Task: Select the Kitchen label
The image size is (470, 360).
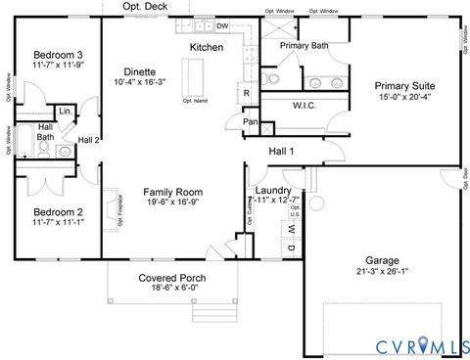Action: point(206,47)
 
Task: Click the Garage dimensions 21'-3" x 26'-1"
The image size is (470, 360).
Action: point(382,273)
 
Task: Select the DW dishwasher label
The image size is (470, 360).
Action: point(222,26)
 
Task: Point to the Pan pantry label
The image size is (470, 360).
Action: point(252,122)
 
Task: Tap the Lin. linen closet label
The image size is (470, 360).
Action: point(64,112)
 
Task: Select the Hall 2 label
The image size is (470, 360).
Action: point(89,141)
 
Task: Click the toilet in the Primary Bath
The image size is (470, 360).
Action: point(273,78)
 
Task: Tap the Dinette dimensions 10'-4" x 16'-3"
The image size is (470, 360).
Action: point(142,84)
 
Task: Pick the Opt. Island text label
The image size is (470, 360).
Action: point(194,100)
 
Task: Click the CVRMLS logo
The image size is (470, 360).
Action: point(419,343)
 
